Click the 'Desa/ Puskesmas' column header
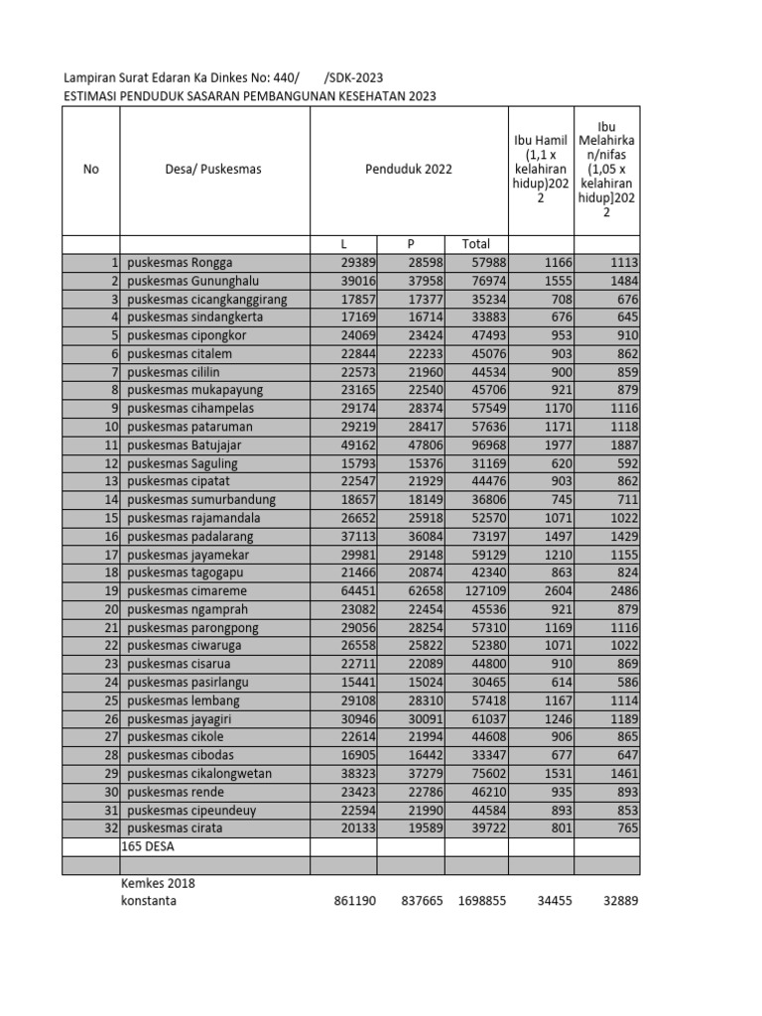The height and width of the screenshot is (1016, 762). coord(213,170)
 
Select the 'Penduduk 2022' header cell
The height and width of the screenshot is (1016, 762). coord(409,170)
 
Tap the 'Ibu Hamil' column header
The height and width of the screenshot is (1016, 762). coord(541,170)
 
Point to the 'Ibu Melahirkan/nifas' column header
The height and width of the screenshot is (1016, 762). coord(607,170)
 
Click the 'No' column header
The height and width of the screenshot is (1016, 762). coord(91,170)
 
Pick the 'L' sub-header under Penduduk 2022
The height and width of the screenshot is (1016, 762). coord(343,244)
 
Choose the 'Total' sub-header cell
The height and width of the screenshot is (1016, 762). coord(475,244)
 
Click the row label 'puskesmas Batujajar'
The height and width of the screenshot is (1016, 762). coord(185,444)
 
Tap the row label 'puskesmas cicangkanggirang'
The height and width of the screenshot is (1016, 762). coord(207,299)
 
